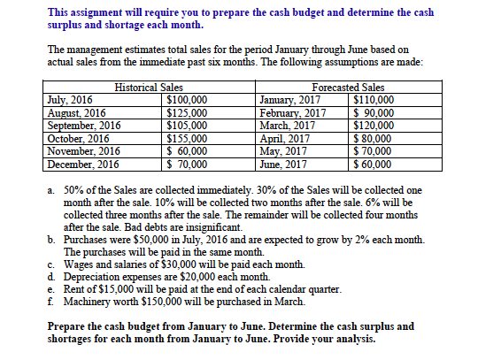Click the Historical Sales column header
pos(149,88)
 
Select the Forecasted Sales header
pos(349,88)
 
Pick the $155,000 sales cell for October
pos(187,139)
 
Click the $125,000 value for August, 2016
pos(187,112)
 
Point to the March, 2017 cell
pos(289,126)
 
